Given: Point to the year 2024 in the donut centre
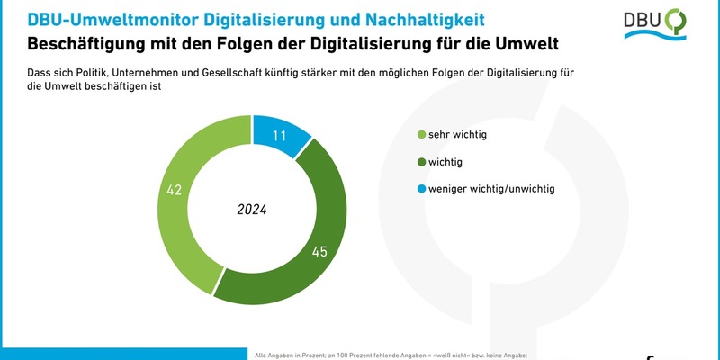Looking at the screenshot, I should click(x=252, y=210).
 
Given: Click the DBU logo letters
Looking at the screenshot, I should click(x=642, y=22).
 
